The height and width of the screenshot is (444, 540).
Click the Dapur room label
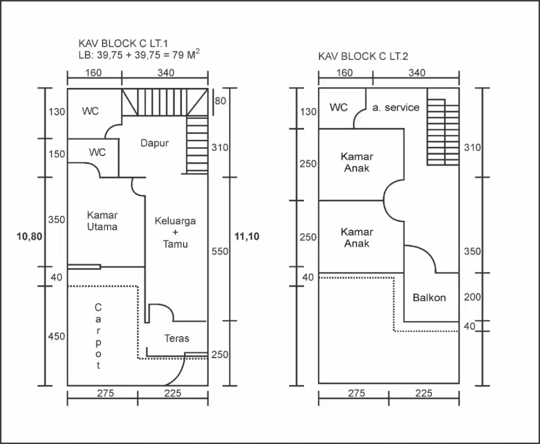tap(154, 143)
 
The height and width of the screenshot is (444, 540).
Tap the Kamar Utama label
tap(102, 221)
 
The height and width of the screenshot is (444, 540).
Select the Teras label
tap(177, 338)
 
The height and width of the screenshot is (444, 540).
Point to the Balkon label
tap(429, 297)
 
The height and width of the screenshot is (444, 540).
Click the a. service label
tap(395, 107)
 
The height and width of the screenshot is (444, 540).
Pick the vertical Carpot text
tap(98, 336)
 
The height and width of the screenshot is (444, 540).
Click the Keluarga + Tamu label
tap(175, 232)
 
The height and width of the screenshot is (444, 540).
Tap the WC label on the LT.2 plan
tap(339, 107)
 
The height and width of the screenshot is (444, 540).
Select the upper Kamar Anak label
tap(356, 162)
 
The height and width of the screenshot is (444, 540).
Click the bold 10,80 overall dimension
tap(28, 236)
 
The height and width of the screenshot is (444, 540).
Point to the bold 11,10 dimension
tap(247, 236)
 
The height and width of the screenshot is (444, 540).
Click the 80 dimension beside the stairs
tap(220, 101)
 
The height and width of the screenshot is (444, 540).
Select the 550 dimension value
tap(220, 251)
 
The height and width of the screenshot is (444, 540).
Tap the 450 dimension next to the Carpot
tap(56, 336)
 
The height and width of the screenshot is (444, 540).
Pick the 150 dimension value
tap(56, 154)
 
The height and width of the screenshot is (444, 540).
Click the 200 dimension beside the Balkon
tap(471, 297)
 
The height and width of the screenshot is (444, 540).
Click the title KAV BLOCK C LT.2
tap(363, 56)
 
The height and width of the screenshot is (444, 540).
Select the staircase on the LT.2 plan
tap(443, 132)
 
